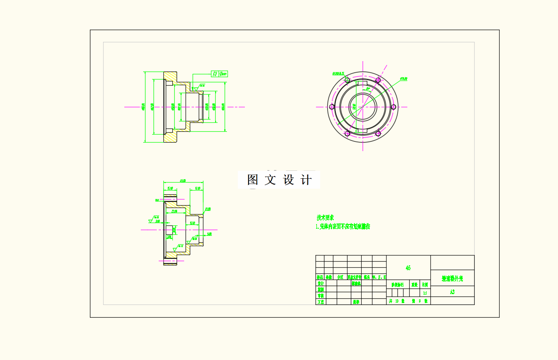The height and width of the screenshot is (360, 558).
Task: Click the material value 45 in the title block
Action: (408, 268)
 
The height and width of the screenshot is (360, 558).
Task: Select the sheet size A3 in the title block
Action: (452, 292)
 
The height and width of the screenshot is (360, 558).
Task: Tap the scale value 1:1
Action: (425, 293)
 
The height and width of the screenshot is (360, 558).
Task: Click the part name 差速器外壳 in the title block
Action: (452, 279)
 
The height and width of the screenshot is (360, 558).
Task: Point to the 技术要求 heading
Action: (325, 218)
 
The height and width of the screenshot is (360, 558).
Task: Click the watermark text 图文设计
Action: (279, 180)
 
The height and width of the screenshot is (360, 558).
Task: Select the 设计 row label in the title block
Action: (320, 284)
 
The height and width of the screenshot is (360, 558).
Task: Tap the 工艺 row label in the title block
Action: (320, 302)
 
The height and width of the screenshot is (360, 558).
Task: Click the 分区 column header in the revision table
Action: (340, 278)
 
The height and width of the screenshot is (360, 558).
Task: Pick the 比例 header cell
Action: (425, 284)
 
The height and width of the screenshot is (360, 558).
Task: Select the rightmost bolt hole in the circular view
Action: (393, 107)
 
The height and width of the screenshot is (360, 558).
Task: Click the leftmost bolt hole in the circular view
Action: (332, 107)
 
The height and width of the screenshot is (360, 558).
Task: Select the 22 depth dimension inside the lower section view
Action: (174, 211)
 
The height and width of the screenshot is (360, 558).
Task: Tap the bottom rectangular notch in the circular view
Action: (363, 130)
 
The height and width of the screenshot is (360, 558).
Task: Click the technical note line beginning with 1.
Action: (343, 226)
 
